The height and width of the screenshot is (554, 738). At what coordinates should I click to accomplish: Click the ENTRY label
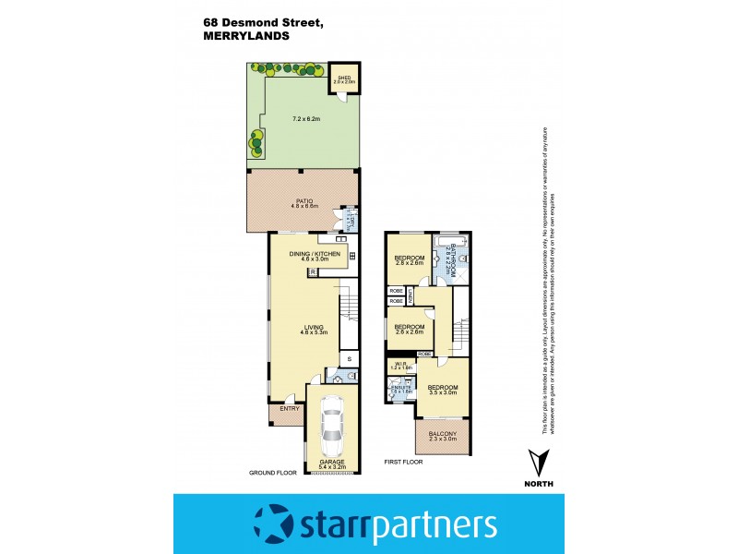[288, 408]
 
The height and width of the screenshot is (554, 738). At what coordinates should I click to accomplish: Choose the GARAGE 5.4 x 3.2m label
[332, 464]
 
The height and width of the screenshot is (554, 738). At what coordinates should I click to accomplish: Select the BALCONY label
[443, 433]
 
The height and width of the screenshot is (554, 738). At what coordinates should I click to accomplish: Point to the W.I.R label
[399, 366]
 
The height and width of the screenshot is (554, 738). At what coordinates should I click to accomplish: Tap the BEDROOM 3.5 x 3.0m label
[443, 391]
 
